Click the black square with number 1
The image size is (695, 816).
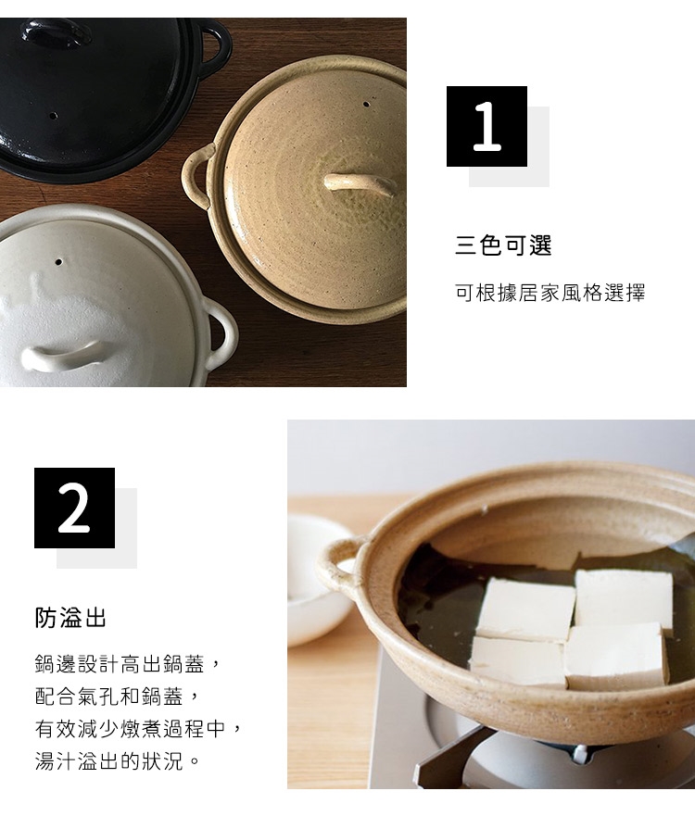click(486, 127)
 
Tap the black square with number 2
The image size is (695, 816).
click(74, 508)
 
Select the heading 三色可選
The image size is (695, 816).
click(503, 245)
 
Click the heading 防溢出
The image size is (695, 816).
click(70, 618)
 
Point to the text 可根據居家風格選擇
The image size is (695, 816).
click(550, 293)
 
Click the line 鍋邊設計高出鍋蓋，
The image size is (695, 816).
click(128, 664)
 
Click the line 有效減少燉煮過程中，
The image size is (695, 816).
click(139, 729)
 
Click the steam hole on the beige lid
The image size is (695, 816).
click(366, 104)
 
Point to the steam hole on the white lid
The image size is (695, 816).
click(58, 262)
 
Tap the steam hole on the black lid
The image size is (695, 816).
click(53, 115)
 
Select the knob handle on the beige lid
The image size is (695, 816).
click(360, 183)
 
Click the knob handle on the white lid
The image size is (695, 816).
click(61, 357)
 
